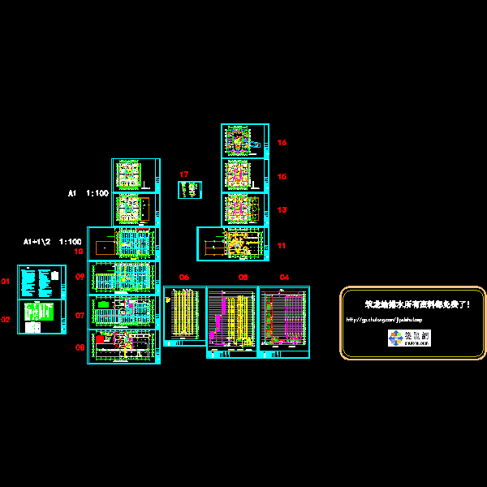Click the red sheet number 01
tap(5, 282)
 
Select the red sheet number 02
tap(5, 320)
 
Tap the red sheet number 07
tap(80, 314)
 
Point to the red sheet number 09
tap(80, 277)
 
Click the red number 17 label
tap(184, 175)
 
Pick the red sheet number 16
tap(282, 143)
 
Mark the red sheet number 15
tap(282, 176)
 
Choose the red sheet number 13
tap(282, 209)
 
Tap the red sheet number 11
tap(282, 245)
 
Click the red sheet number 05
tap(243, 278)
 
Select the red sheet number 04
tap(284, 278)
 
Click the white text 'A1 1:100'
tap(88, 194)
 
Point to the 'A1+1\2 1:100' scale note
tap(52, 242)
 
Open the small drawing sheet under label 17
tap(190, 190)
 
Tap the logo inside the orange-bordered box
tap(409, 338)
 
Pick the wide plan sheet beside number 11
tap(232, 243)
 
